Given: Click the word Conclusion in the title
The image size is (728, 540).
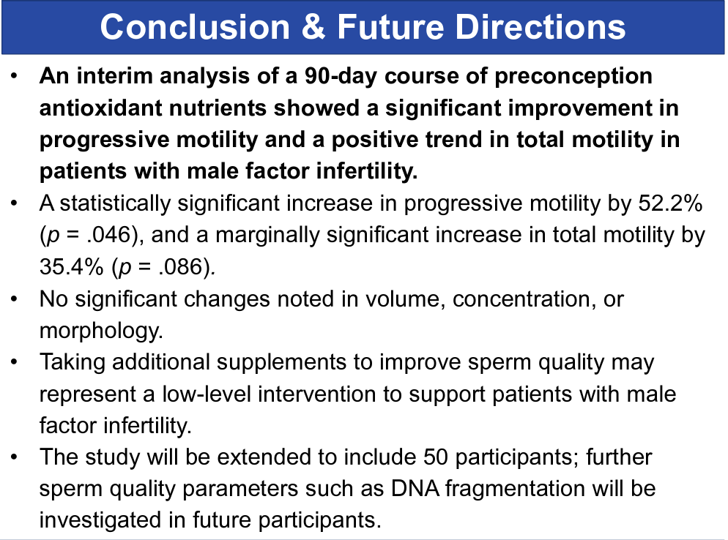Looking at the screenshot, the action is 195,27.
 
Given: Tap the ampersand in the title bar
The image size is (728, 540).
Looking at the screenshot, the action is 314,27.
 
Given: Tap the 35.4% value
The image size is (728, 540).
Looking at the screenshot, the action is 72,267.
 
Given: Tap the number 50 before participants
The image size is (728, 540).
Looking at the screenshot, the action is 436,457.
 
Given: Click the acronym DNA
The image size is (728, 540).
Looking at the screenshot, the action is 415,489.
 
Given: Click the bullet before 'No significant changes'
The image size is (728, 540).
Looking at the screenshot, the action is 15,299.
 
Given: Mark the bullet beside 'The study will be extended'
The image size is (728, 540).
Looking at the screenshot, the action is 15,457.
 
